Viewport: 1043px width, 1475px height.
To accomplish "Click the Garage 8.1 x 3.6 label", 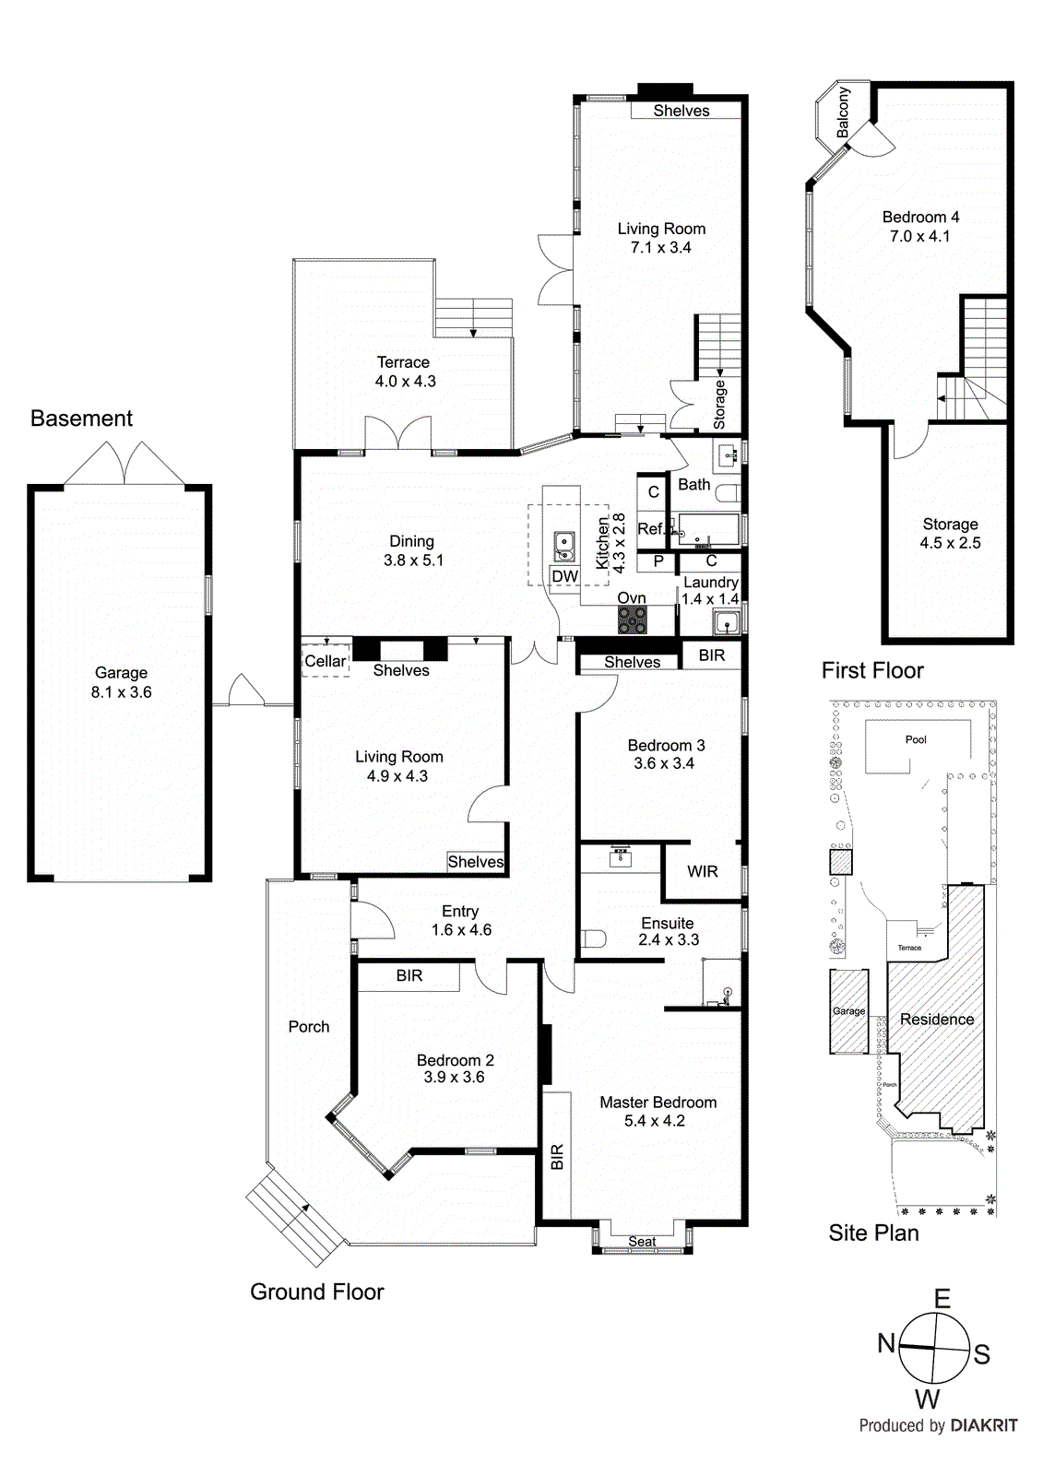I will [x=121, y=683].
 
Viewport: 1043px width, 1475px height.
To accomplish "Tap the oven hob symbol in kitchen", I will [x=632, y=620].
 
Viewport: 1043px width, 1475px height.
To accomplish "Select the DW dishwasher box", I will [x=564, y=576].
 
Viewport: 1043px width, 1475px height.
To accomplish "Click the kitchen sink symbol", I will [x=563, y=547].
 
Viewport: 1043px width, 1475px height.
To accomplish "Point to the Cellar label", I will [x=325, y=661].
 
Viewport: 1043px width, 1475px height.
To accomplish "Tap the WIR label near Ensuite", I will [x=702, y=871].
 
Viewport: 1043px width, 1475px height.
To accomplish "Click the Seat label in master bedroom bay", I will [x=642, y=1242].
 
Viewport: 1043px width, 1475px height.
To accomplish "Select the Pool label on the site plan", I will [x=916, y=739].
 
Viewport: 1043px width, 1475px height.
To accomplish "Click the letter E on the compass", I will [x=942, y=1299].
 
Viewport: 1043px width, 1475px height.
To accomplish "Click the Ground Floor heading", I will [x=316, y=1292].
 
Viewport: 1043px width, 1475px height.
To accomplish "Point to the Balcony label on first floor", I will [x=843, y=112].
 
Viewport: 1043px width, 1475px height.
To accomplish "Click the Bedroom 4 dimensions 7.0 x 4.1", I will [x=919, y=236].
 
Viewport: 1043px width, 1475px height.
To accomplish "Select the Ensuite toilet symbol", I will [x=594, y=940].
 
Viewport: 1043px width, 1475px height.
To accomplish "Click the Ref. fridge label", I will [x=650, y=529].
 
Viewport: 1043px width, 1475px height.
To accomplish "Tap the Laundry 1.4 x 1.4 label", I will [x=710, y=591].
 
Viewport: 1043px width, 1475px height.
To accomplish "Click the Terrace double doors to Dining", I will [x=398, y=434].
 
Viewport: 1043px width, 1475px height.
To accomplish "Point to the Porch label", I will [x=308, y=1026].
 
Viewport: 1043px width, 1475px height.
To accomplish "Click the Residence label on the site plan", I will [x=937, y=1019].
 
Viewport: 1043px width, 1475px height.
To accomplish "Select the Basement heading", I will [x=81, y=419].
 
